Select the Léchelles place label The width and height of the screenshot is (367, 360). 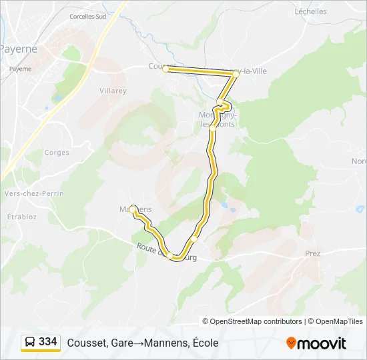pyautogui.click(x=310, y=11)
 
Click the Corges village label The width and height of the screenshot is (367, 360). pyautogui.click(x=57, y=153)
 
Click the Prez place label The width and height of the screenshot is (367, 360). pyautogui.click(x=312, y=253)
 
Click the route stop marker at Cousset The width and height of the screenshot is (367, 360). pyautogui.click(x=165, y=69)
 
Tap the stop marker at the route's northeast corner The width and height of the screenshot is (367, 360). pyautogui.click(x=235, y=75)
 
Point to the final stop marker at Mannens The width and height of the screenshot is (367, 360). pyautogui.click(x=133, y=209)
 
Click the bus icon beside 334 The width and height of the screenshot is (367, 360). pyautogui.click(x=30, y=342)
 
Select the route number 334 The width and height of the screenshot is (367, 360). pyautogui.click(x=48, y=342)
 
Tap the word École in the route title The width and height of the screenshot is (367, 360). pyautogui.click(x=204, y=343)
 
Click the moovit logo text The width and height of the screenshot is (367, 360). pyautogui.click(x=322, y=343)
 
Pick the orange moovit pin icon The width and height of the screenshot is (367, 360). pyautogui.click(x=291, y=343)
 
